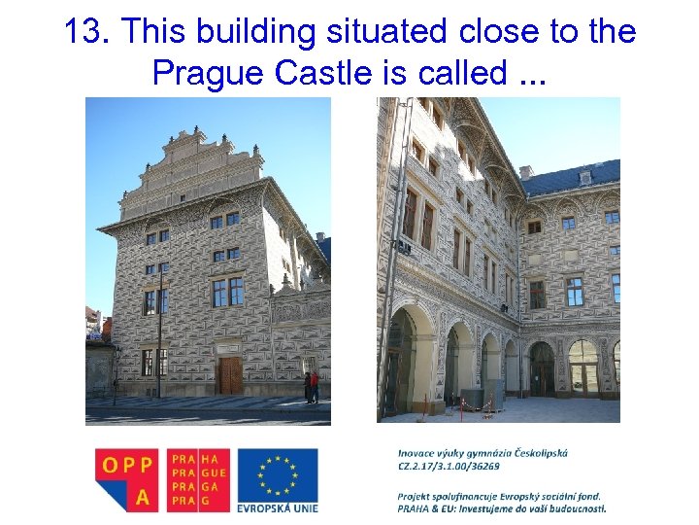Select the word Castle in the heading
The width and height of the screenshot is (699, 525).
pos(315,72)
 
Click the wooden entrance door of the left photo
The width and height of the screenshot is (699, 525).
pos(229,375)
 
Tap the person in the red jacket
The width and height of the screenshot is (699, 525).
pos(314,386)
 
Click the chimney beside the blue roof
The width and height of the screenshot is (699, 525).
pos(526,173)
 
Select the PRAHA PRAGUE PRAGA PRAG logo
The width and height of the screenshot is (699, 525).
pos(199,478)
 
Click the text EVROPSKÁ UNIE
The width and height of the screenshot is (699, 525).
pos(278,507)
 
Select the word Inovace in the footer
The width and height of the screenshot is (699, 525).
pos(416,452)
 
